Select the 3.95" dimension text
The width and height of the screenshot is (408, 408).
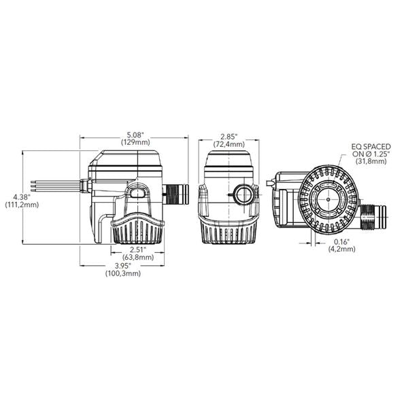pos(122,265)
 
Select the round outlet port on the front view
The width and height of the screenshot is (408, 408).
pos(243,196)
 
